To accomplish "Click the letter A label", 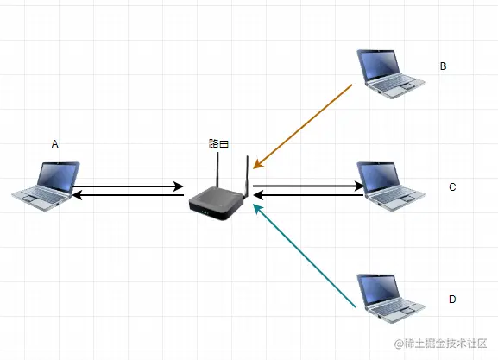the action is (x=55, y=144).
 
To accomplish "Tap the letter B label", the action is (x=443, y=66).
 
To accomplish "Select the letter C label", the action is (x=452, y=187).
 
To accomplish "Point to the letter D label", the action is (x=452, y=300).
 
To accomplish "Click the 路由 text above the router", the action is (x=219, y=143).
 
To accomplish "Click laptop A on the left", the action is (x=46, y=186).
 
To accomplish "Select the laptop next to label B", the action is (x=391, y=73).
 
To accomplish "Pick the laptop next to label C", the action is (x=391, y=186).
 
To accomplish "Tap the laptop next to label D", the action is (x=391, y=299).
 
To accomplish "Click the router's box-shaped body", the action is (x=217, y=204).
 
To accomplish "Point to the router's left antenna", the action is (x=217, y=170).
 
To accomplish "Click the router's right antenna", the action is (x=247, y=176).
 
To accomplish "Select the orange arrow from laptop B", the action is (x=303, y=126).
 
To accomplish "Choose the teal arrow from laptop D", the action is (x=305, y=256).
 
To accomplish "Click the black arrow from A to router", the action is (x=129, y=186).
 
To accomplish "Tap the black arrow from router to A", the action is (x=128, y=195).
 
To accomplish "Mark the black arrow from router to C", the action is (x=308, y=186).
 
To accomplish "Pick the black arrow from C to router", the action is (x=308, y=195).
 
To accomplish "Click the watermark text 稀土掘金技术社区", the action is (x=445, y=344).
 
